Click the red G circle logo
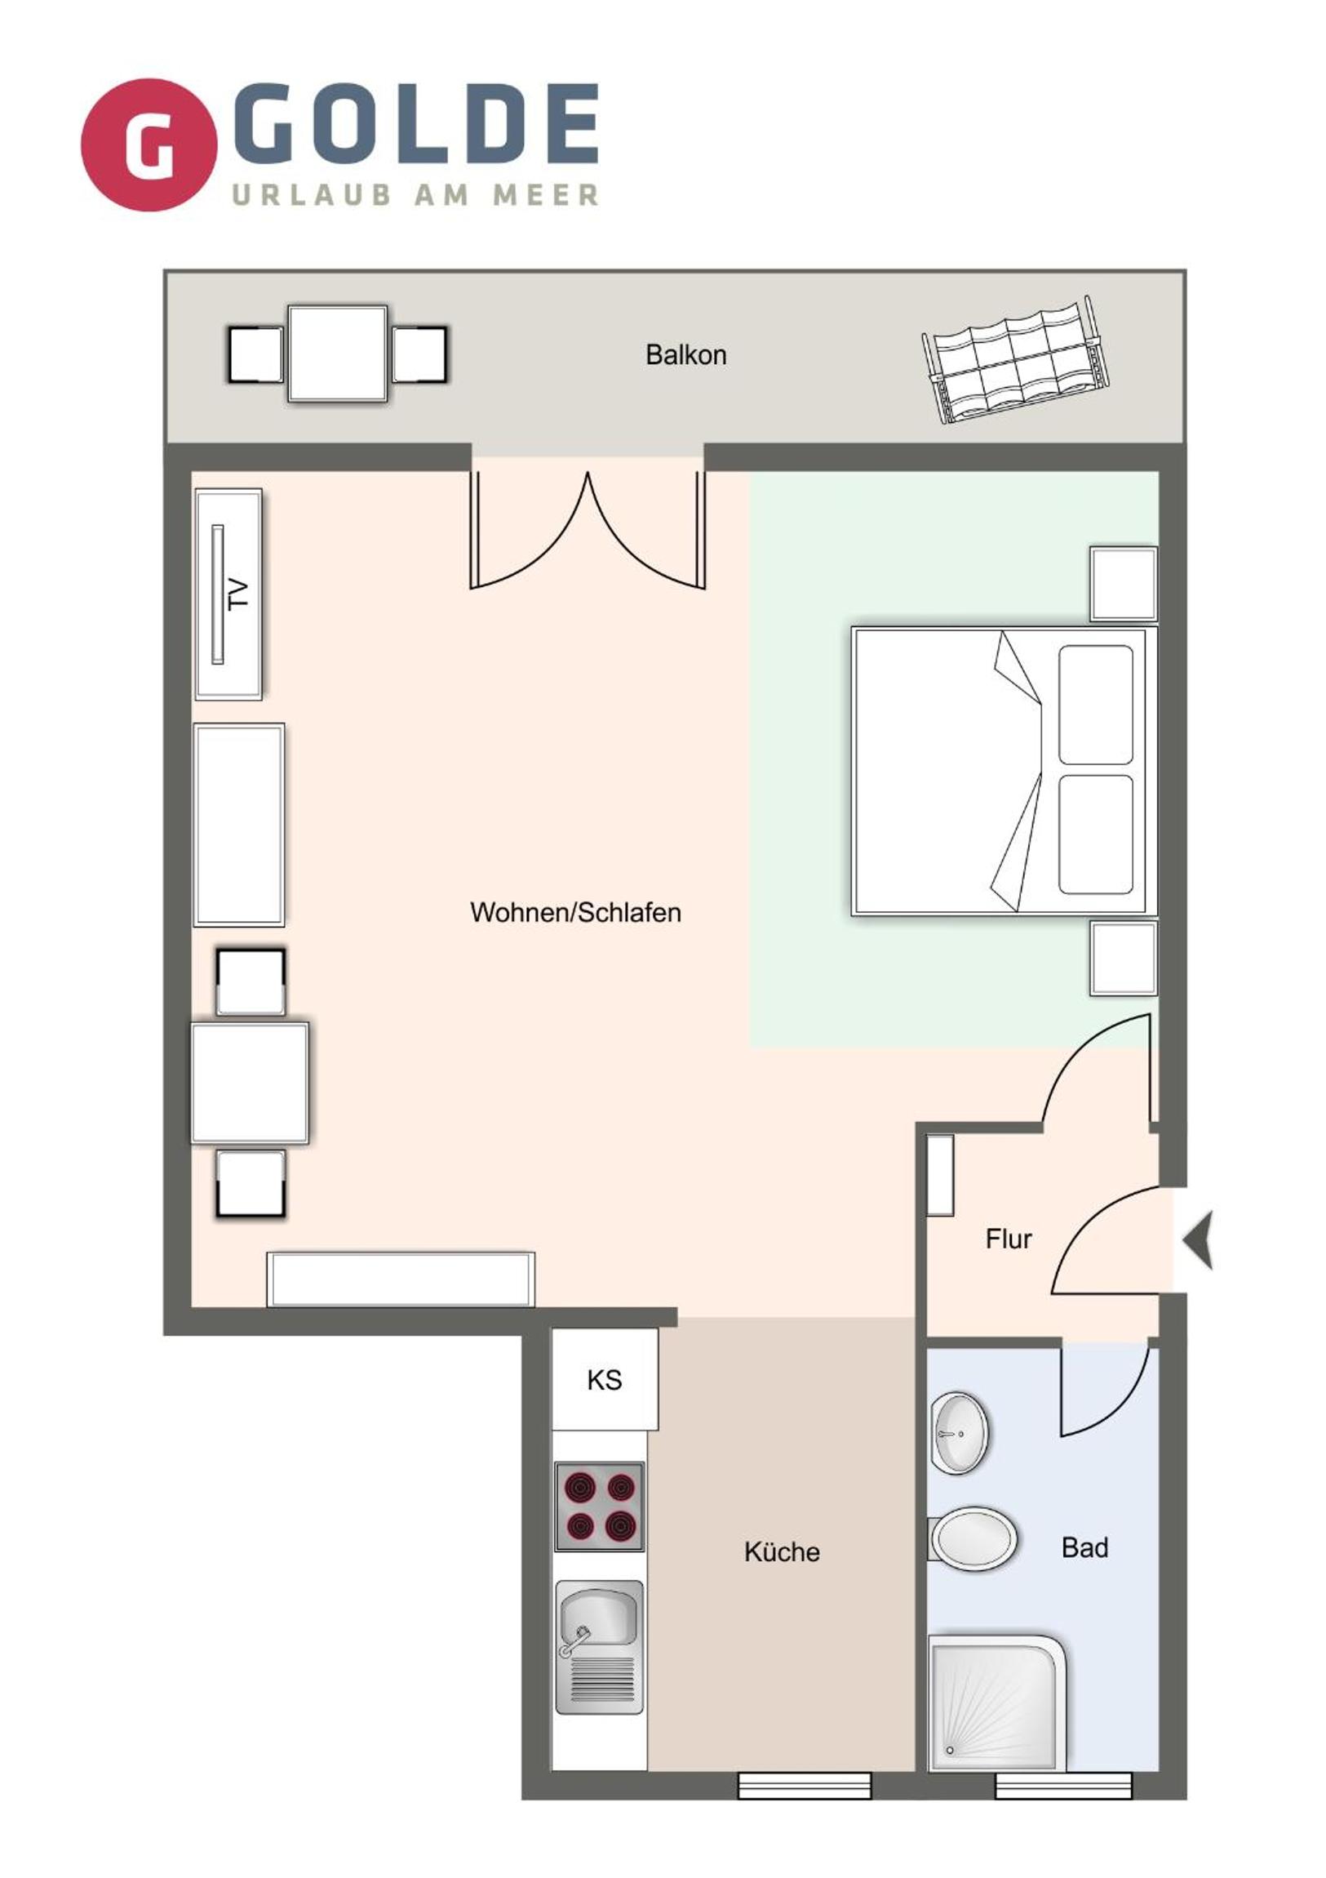click(x=149, y=145)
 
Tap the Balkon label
click(x=685, y=355)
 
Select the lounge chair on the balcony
click(x=1016, y=360)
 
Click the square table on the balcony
click(x=338, y=354)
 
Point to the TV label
click(x=238, y=593)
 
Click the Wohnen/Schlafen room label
click(x=575, y=912)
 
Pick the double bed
click(x=1004, y=771)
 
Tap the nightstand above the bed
click(x=1124, y=584)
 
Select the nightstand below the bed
click(x=1124, y=958)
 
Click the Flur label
click(x=1008, y=1239)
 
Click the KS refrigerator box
click(x=605, y=1379)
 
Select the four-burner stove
click(x=599, y=1506)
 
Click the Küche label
click(x=782, y=1551)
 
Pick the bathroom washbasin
click(x=960, y=1433)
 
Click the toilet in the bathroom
click(x=973, y=1538)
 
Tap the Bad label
click(x=1084, y=1547)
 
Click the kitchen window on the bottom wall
click(x=805, y=1786)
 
